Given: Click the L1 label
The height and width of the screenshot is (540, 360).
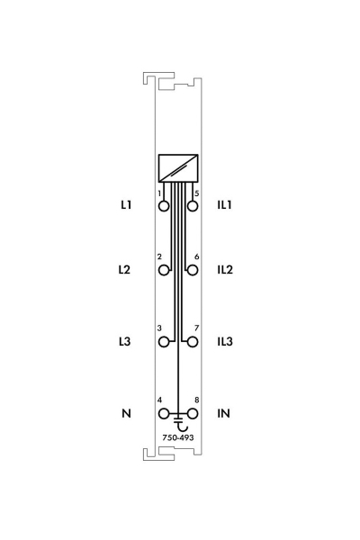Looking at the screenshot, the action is tap(126, 205).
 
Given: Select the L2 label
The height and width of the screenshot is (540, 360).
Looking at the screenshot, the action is tap(124, 269).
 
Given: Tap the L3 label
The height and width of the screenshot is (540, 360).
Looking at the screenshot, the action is tap(125, 342).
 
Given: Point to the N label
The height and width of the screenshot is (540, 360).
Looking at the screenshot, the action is tap(126, 413).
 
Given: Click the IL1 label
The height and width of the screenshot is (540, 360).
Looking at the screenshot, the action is tap(225, 205).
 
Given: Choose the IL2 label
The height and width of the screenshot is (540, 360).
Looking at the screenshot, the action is tap(225, 269).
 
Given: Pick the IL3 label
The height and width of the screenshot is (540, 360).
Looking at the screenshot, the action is tap(225, 342).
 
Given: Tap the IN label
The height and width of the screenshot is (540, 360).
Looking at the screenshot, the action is tap(223, 413).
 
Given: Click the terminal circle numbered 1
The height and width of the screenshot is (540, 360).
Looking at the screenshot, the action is tap(164, 206).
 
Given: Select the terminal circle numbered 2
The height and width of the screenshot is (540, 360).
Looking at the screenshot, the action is tap(164, 270).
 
